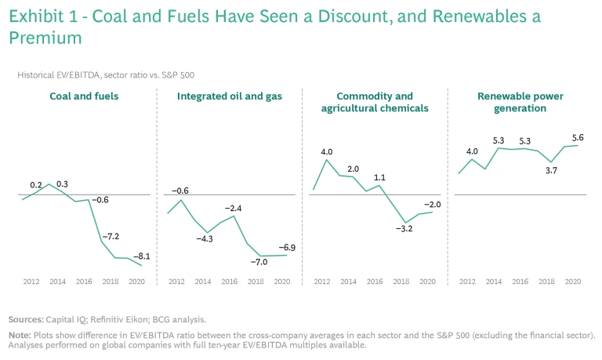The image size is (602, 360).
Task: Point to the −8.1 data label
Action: coord(142,256)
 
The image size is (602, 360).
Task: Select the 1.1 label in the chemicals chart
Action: coord(379,177)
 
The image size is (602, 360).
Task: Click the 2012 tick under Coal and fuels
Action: coord(31,281)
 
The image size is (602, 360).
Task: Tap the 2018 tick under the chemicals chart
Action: coord(401,281)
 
